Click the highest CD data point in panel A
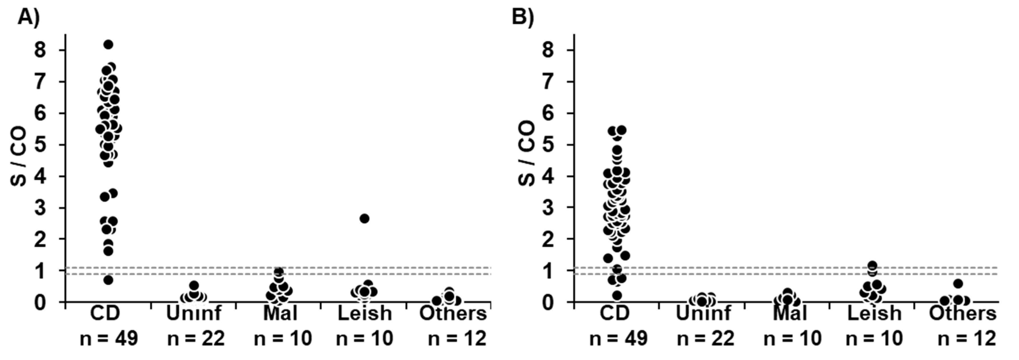[x=108, y=45]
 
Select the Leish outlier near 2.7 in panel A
[x=364, y=218]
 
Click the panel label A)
[x=29, y=17]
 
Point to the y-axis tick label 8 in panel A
[x=41, y=50]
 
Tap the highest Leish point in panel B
[x=872, y=265]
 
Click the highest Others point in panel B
[x=958, y=284]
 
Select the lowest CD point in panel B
[x=617, y=295]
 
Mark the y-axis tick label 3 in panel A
[x=41, y=208]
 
